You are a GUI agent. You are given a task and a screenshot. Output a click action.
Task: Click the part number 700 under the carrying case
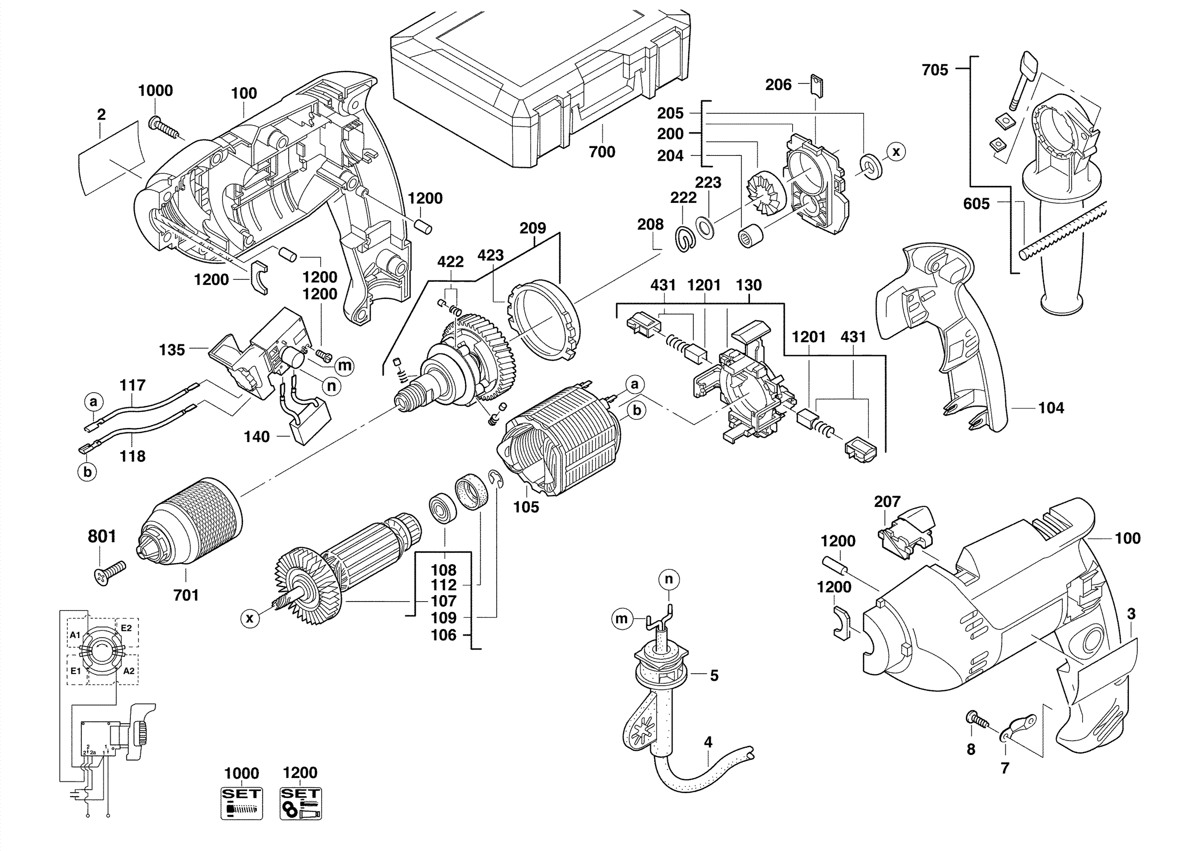602,152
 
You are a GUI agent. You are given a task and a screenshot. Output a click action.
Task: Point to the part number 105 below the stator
526,507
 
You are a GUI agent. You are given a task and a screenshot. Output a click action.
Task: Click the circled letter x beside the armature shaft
250,618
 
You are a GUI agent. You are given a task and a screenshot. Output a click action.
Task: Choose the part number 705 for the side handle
935,70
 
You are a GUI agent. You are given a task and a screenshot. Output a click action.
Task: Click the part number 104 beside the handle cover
1051,408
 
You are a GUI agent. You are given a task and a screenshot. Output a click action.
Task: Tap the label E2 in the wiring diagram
126,627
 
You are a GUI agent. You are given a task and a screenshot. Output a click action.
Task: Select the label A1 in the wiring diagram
75,635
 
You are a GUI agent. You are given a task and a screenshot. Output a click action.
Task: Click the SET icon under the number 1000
241,803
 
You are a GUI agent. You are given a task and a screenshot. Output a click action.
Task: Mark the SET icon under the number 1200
301,803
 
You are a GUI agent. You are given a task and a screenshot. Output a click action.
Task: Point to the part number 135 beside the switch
172,350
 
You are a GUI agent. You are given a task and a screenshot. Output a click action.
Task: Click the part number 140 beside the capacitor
256,437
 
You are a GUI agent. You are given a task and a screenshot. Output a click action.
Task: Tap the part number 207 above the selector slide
887,502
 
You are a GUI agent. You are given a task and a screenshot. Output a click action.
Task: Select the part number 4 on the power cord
708,742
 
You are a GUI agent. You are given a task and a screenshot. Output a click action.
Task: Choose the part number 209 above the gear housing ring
533,228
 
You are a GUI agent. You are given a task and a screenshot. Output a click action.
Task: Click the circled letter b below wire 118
88,472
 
